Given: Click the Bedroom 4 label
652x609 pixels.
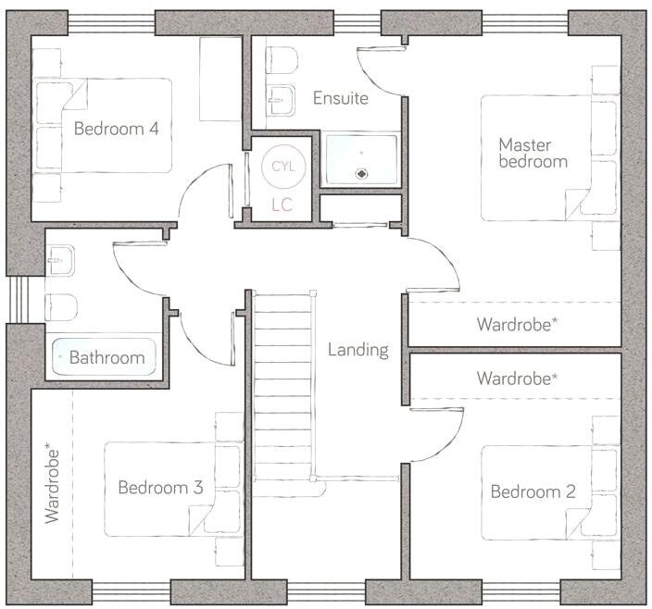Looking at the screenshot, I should pyautogui.click(x=116, y=129).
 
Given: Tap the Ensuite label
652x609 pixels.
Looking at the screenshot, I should pyautogui.click(x=340, y=98).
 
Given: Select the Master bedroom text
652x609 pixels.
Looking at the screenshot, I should pyautogui.click(x=533, y=153).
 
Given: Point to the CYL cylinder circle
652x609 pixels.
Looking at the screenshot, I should pyautogui.click(x=282, y=167).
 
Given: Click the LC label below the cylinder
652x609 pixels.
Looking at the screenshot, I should pyautogui.click(x=282, y=205).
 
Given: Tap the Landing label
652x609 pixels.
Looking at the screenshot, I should pyautogui.click(x=357, y=350).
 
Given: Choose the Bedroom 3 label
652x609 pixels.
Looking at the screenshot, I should pyautogui.click(x=160, y=487).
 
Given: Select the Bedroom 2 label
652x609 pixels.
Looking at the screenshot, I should pyautogui.click(x=533, y=491).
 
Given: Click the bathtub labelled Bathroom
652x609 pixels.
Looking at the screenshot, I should pyautogui.click(x=105, y=356).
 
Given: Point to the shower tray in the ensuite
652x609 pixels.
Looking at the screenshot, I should pyautogui.click(x=362, y=159).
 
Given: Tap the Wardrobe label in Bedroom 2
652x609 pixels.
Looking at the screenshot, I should pyautogui.click(x=517, y=379).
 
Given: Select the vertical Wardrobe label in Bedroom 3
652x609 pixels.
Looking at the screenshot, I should pyautogui.click(x=53, y=484).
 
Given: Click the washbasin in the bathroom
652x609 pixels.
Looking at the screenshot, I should pyautogui.click(x=59, y=261).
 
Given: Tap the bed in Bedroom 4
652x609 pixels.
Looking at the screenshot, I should pyautogui.click(x=104, y=125).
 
